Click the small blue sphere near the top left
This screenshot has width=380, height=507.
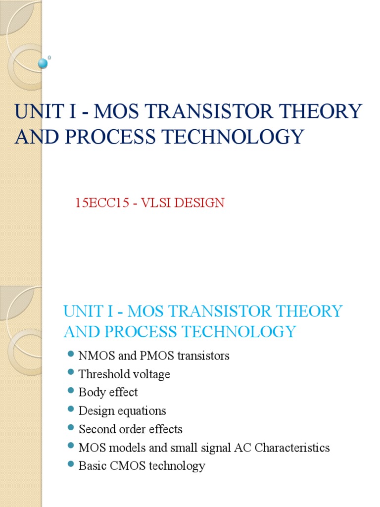(x=43, y=63)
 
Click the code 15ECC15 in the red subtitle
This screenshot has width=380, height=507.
(x=98, y=203)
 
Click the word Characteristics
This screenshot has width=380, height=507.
(x=290, y=448)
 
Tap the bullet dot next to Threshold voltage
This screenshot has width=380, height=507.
(x=70, y=372)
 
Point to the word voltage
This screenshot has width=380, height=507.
(x=151, y=374)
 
